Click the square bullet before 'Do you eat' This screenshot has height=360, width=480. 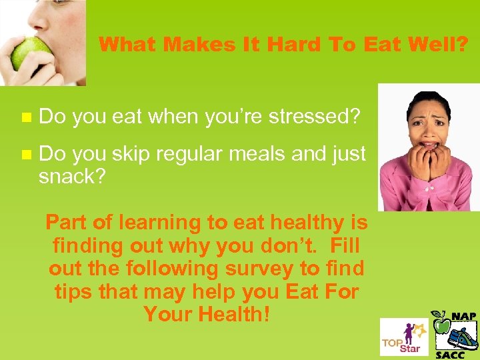tap(26, 117)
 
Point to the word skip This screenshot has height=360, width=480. tap(133, 155)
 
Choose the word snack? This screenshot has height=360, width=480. tap(72, 177)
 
